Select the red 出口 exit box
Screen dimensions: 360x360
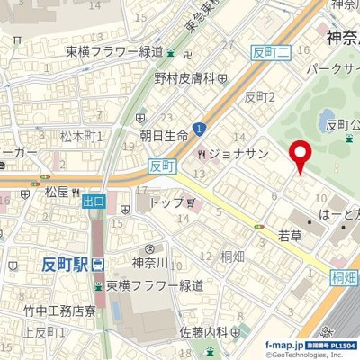click(x=93, y=203)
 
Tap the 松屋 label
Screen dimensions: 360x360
click(x=56, y=191)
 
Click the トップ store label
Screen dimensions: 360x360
click(x=166, y=203)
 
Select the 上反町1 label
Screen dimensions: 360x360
click(x=40, y=333)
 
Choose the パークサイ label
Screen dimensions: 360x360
click(x=333, y=70)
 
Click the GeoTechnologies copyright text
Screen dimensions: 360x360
click(x=307, y=354)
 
